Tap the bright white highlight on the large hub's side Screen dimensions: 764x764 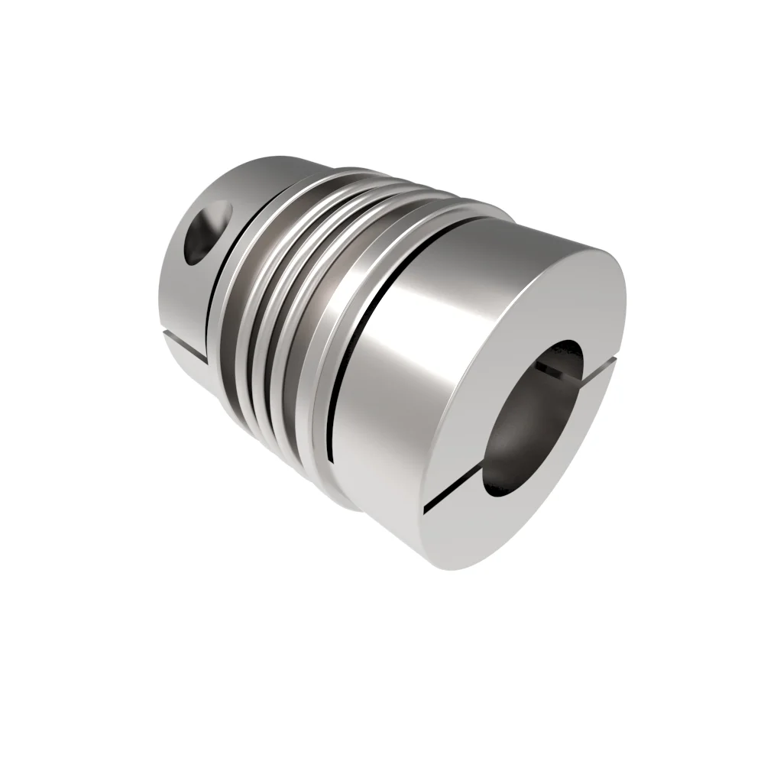tap(413, 306)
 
